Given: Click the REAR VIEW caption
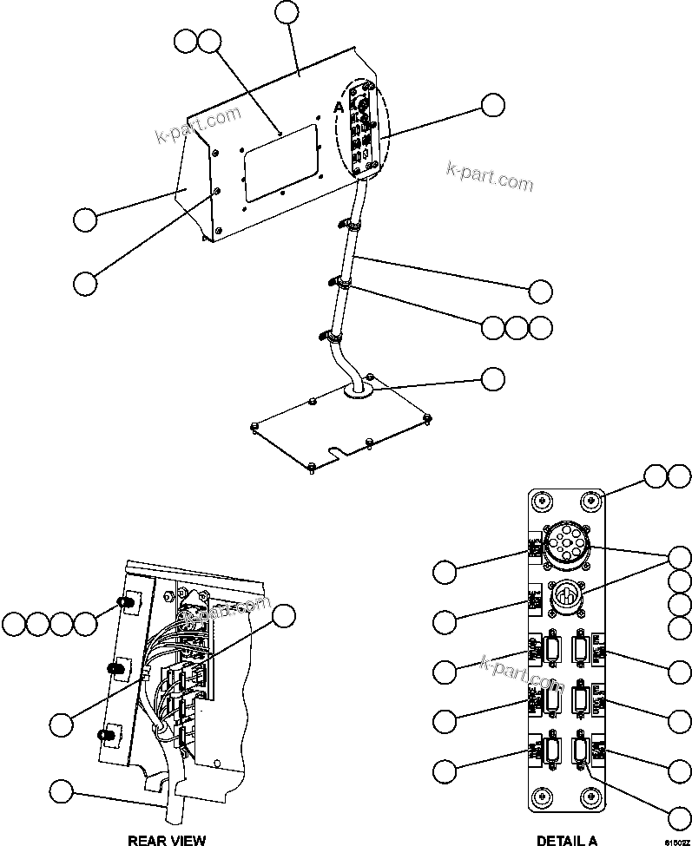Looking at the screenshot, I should pos(167,840).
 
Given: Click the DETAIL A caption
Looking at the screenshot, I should pos(566,840).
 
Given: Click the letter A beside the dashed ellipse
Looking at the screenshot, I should pos(338,106).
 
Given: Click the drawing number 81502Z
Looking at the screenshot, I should pos(676,841).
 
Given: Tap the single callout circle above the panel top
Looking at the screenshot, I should pos(287,12).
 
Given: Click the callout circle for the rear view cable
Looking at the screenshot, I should pos(61,790).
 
